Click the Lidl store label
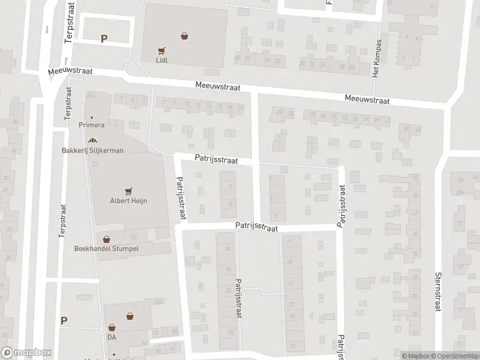160,61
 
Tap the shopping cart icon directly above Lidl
160,51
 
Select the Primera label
92,125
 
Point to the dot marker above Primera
92,117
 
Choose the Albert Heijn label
128,200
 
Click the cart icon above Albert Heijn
128,191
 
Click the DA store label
112,337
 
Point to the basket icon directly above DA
112,328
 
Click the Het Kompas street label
377,59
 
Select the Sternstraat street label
437,290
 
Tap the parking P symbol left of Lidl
104,38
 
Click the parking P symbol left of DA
64,321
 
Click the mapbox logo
26,353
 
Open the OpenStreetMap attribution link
454,356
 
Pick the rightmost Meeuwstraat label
367,100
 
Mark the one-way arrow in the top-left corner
47,29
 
